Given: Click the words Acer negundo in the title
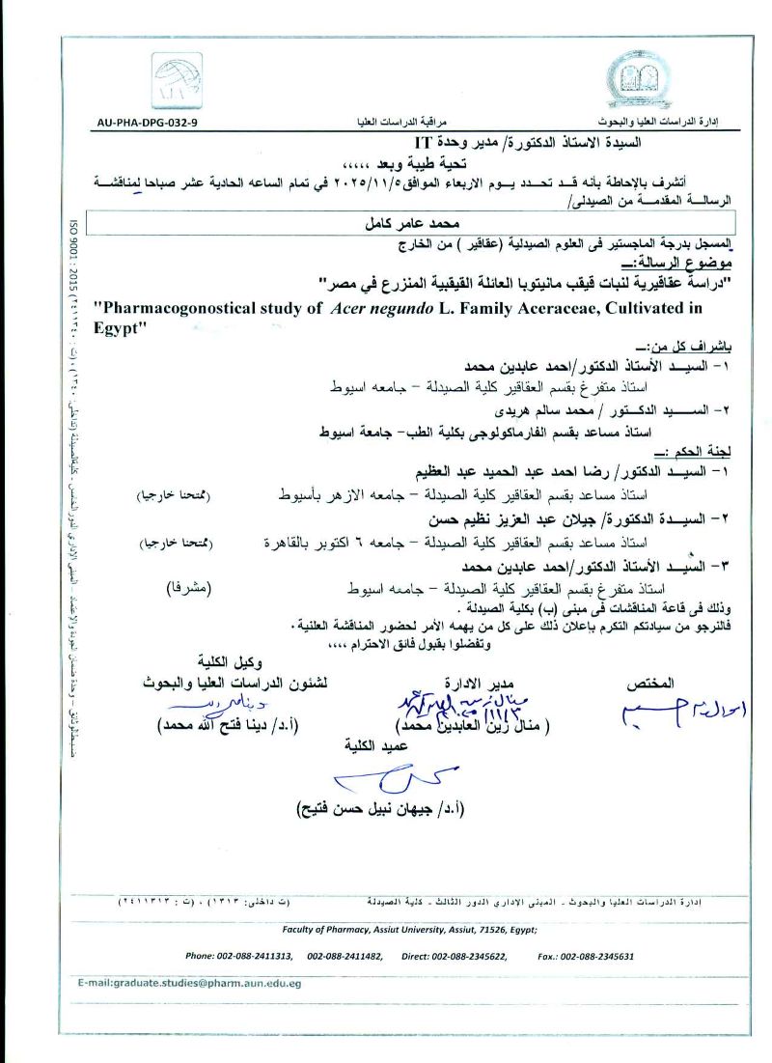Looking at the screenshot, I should pos(372,308).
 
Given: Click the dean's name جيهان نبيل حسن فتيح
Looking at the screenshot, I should pos(380,808).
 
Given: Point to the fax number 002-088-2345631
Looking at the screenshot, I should pos(598,956).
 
